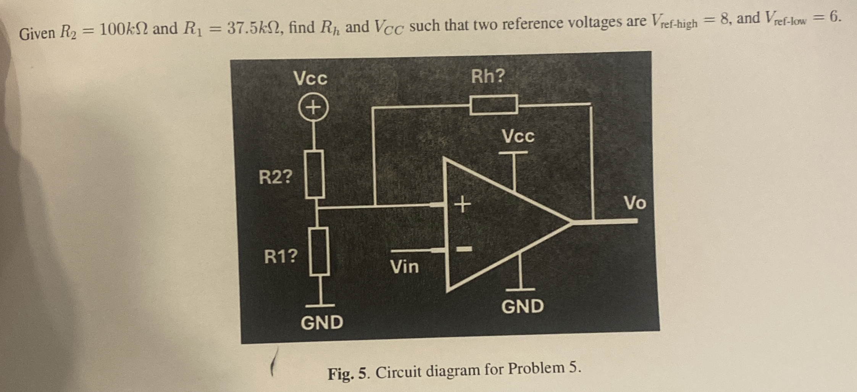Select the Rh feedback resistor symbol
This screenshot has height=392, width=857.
point(494,105)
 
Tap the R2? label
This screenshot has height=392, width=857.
point(276,177)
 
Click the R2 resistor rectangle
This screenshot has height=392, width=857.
point(315,174)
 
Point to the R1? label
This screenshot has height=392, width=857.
point(281,256)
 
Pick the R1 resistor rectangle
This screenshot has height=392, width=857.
point(319,251)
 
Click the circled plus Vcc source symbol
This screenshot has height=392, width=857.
point(313,108)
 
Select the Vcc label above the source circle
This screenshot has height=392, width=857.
point(310,79)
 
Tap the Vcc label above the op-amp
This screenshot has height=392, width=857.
point(518,136)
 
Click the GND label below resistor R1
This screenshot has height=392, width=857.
point(322,323)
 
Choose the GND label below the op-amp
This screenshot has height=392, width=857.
point(523,306)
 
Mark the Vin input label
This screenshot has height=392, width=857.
point(404,266)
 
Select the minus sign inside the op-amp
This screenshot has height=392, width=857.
point(464,250)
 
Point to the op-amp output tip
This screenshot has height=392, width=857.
point(571,222)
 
